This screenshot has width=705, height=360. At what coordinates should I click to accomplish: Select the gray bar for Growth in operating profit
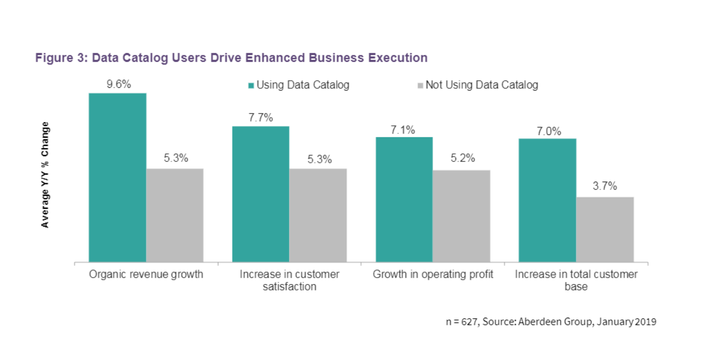coord(462,216)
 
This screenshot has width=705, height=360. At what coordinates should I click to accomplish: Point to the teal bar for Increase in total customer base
coord(548,201)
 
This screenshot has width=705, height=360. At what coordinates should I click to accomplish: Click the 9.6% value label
coord(119,84)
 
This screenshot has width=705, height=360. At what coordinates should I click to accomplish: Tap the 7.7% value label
coord(261,118)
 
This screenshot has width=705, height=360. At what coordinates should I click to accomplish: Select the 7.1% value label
coord(403,130)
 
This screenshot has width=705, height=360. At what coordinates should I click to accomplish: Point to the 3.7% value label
coord(605,186)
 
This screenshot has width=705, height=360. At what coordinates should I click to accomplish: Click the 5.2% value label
coord(462,158)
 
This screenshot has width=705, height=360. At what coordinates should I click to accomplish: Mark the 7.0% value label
coord(547,131)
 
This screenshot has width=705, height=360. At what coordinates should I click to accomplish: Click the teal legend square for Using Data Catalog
coord(251,85)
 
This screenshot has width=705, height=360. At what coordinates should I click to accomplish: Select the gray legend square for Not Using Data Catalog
coord(420,85)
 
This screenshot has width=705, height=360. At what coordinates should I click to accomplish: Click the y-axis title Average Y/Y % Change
coord(46,175)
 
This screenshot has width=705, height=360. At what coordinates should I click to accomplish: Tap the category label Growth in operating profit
coord(433,274)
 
